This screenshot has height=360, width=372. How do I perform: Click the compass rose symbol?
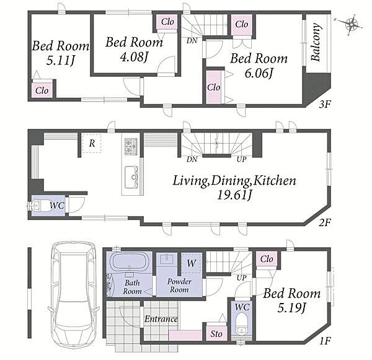[351, 24]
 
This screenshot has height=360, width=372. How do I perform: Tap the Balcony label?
[316, 43]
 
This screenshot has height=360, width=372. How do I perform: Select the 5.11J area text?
[61, 61]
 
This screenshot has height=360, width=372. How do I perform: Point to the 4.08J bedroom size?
[135, 57]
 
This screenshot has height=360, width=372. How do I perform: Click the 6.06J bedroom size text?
[259, 73]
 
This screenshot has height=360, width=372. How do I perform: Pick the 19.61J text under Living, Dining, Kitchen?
[234, 195]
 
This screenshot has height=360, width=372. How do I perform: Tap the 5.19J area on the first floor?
[291, 308]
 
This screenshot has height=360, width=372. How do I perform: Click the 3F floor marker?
[324, 104]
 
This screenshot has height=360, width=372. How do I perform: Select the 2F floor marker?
[324, 222]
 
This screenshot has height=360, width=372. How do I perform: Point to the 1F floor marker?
[325, 341]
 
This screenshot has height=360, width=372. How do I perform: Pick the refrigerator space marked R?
[92, 143]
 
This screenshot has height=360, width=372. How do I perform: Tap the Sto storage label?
[216, 334]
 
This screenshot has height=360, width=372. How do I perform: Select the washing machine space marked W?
[191, 263]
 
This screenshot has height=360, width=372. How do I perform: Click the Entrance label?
[161, 319]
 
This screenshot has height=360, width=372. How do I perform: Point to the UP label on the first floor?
[242, 278]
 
